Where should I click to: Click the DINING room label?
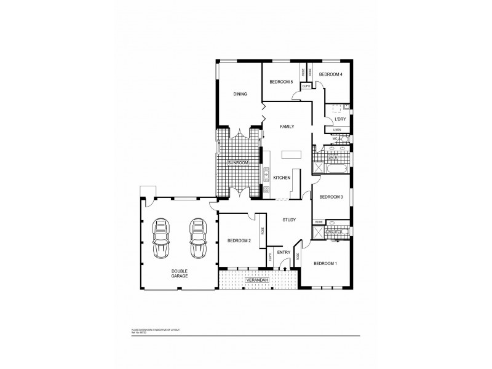[x=240, y=94]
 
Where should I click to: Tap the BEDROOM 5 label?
[x=281, y=81]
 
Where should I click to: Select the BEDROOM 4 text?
[x=330, y=74]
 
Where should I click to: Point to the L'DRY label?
[x=339, y=119]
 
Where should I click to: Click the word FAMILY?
[x=287, y=126]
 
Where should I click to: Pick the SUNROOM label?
[x=237, y=162]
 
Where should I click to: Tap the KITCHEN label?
[x=282, y=178]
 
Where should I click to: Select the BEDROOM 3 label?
[x=331, y=197]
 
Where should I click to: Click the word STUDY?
[x=290, y=220]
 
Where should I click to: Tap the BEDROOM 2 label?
[x=239, y=240]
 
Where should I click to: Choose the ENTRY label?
[x=284, y=252]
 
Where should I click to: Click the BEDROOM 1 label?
[x=325, y=263]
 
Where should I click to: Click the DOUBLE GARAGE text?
[x=180, y=274]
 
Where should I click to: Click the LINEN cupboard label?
[x=337, y=130]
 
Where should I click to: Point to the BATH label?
[x=333, y=157]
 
